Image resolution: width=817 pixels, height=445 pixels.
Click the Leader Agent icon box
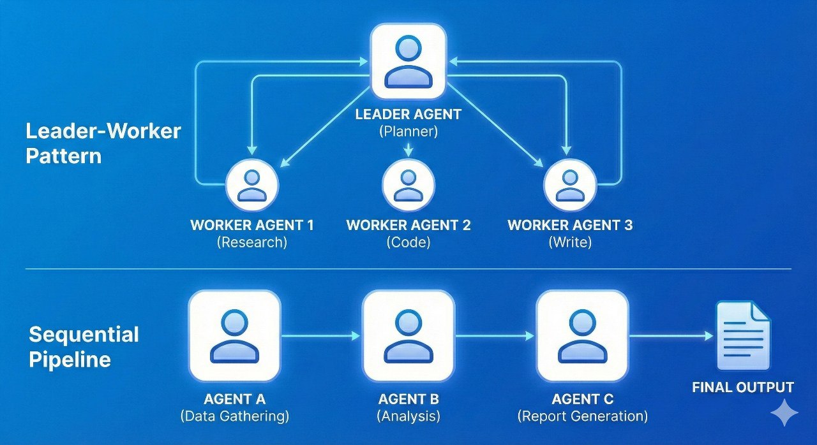[x=408, y=61]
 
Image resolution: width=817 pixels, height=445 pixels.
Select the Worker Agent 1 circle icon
[x=252, y=186]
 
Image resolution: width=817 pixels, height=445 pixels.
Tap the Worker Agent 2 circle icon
[x=408, y=186]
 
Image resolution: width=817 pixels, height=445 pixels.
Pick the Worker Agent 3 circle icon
[x=570, y=186]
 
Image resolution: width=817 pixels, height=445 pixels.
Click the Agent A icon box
[x=235, y=335]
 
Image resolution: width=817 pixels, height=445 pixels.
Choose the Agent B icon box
[x=408, y=335]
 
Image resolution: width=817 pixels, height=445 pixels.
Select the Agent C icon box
[x=582, y=335]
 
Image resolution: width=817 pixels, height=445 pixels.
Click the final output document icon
[x=743, y=336]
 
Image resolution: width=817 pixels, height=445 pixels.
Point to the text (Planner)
[x=408, y=133]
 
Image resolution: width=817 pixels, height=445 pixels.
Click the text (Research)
[x=252, y=242]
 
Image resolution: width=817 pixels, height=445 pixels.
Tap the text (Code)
[x=408, y=242]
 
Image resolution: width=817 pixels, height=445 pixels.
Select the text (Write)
[x=570, y=242]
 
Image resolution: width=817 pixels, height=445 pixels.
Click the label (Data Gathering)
[x=235, y=416]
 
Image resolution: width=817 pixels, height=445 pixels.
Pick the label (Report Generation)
[x=582, y=416]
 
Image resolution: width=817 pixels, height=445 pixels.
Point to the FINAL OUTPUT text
[x=743, y=387]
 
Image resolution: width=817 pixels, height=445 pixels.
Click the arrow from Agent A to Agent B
[x=321, y=335]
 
